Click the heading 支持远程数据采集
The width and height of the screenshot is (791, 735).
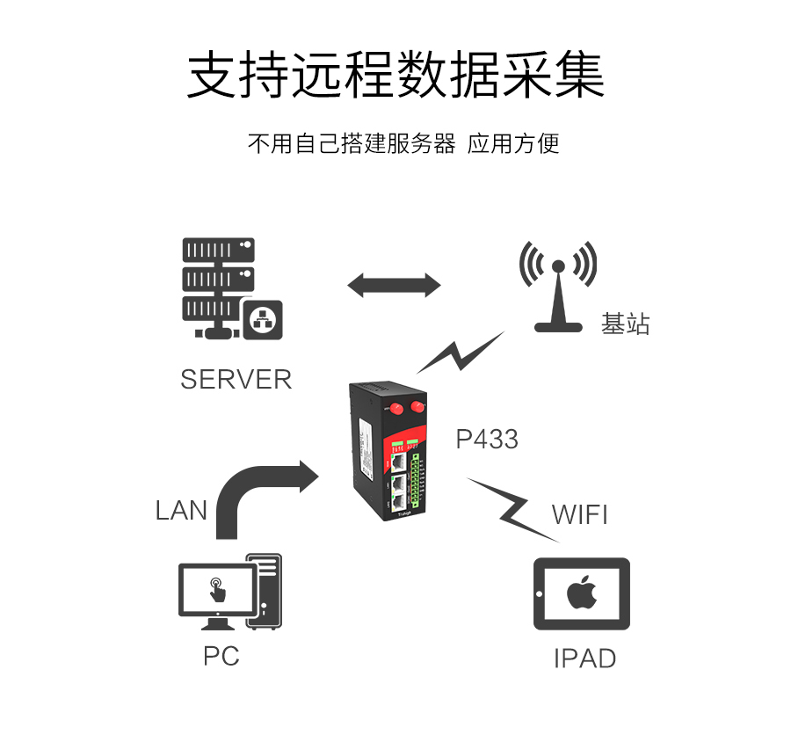[x=395, y=75]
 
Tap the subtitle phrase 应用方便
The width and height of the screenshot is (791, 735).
[x=513, y=143]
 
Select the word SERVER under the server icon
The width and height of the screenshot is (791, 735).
[x=236, y=379]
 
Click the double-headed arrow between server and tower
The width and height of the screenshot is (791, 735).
[x=394, y=285]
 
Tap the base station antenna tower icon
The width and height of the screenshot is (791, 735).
[x=558, y=286]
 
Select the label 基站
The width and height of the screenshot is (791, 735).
[x=625, y=324]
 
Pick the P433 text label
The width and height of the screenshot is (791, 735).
[x=487, y=439]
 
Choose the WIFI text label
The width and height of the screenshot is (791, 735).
[x=579, y=513]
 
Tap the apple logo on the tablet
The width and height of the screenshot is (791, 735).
[x=580, y=593]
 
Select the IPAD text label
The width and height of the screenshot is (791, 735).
[x=584, y=658]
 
